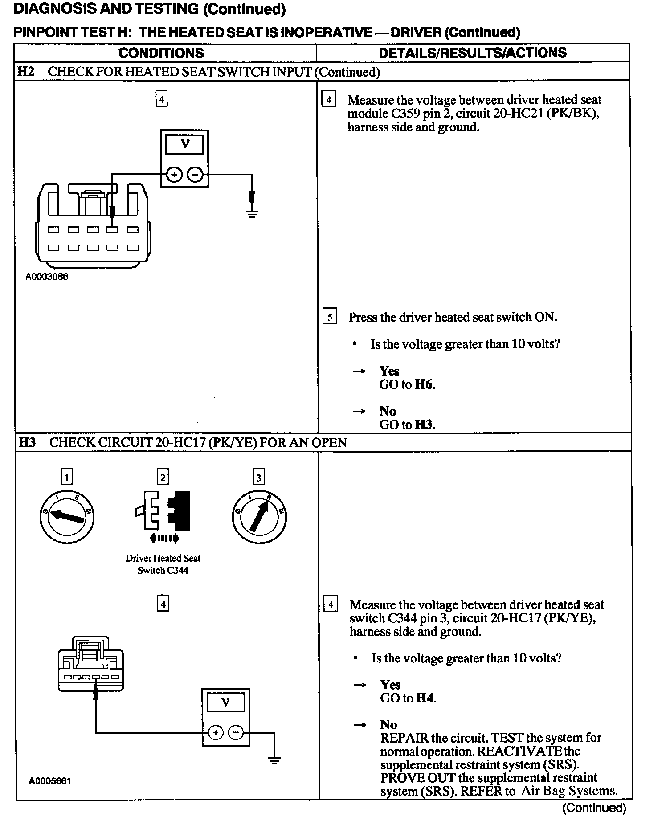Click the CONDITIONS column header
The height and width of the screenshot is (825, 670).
(x=161, y=53)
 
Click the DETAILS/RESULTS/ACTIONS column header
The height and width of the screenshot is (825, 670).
(x=472, y=53)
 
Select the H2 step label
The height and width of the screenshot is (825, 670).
(x=26, y=72)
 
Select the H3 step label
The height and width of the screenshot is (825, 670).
(x=27, y=442)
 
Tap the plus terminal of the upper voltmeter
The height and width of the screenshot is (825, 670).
(x=174, y=175)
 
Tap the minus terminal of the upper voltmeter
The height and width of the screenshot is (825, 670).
(x=195, y=175)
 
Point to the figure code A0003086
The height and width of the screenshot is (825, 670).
(x=47, y=276)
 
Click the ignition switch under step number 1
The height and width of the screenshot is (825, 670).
(x=67, y=516)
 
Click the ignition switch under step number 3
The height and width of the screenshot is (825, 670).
(x=259, y=516)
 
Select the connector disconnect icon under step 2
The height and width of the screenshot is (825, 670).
(x=163, y=515)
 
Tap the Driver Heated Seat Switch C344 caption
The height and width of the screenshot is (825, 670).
(x=163, y=564)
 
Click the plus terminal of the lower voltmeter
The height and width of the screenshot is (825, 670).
(x=216, y=732)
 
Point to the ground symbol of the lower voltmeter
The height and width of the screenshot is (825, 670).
(x=274, y=760)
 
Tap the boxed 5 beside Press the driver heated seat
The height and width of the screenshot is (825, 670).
(x=329, y=317)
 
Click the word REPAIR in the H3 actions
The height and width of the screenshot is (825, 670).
(x=404, y=738)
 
